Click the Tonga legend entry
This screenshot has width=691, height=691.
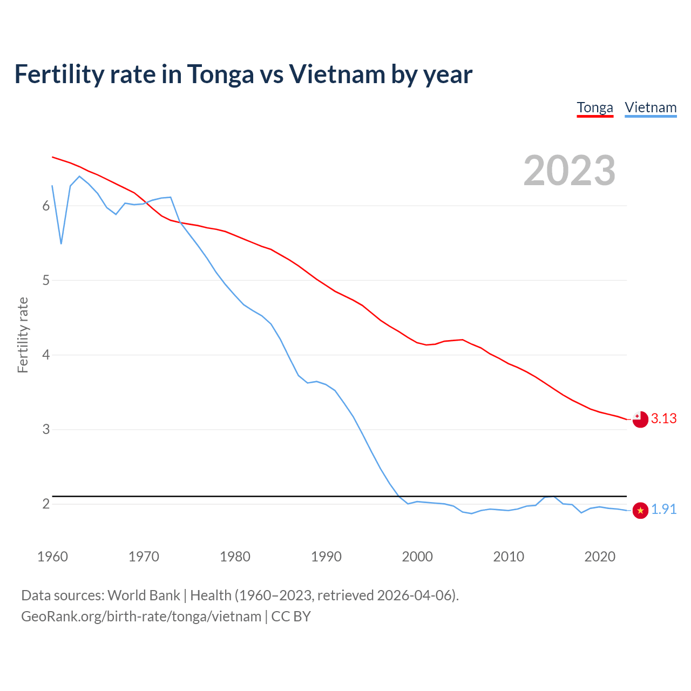pyautogui.click(x=595, y=107)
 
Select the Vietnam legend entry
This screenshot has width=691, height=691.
pyautogui.click(x=651, y=107)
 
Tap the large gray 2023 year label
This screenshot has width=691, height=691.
pyautogui.click(x=570, y=171)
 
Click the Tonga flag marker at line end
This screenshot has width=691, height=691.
pyautogui.click(x=640, y=419)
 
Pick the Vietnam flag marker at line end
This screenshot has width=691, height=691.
pyautogui.click(x=640, y=510)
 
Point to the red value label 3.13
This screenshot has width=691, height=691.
pyautogui.click(x=664, y=419)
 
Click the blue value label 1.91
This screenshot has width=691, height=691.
pyautogui.click(x=664, y=510)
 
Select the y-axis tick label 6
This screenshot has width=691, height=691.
pyautogui.click(x=46, y=206)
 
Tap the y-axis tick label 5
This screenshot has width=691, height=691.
pyautogui.click(x=46, y=281)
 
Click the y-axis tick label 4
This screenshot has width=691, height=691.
pyautogui.click(x=46, y=355)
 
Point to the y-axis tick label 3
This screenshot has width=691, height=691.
pyautogui.click(x=46, y=430)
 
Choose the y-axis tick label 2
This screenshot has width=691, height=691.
pyautogui.click(x=46, y=504)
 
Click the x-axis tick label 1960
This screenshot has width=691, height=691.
pyautogui.click(x=52, y=557)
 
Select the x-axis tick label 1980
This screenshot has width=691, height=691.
pyautogui.click(x=235, y=557)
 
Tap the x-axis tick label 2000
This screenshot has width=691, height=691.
pyautogui.click(x=417, y=557)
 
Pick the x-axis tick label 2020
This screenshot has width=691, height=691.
pyautogui.click(x=600, y=557)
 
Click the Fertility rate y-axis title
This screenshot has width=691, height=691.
pyautogui.click(x=23, y=335)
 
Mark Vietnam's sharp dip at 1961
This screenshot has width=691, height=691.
pyautogui.click(x=61, y=243)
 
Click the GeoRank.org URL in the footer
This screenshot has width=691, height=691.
pyautogui.click(x=141, y=617)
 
